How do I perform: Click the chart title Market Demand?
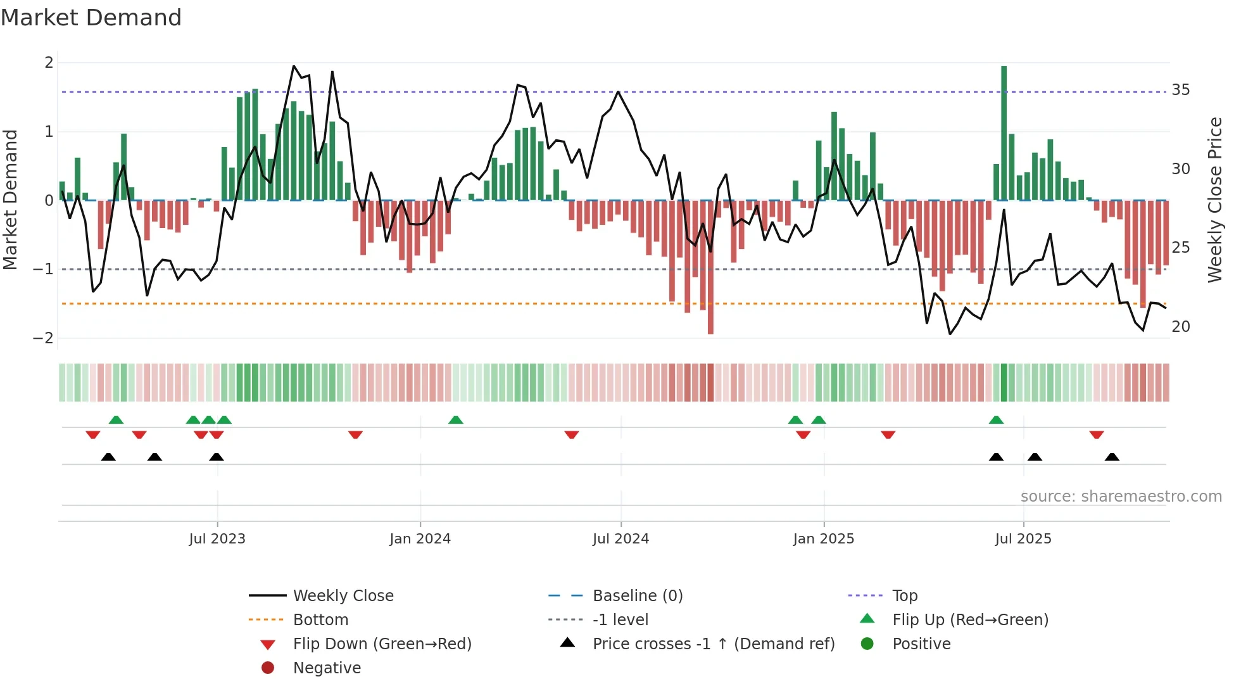coord(91,18)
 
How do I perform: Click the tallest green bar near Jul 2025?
coord(1004,133)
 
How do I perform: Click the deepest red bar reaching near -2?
coord(710,266)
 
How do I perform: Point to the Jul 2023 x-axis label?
coord(217,539)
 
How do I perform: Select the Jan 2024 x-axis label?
coord(420,539)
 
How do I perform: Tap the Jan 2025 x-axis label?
coord(823,539)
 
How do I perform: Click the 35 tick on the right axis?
coord(1180,90)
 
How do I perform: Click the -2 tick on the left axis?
coord(44,338)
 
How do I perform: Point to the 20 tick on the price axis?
coord(1180,327)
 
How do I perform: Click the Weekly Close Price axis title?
coord(1214,200)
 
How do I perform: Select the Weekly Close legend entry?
coord(343,596)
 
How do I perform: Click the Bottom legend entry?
coord(320,620)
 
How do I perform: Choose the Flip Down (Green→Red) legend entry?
coord(382,644)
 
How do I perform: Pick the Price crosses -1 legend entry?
coord(713,644)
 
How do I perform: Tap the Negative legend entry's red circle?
coord(268,668)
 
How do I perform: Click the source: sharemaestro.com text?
coord(1121,497)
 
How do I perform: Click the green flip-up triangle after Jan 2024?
coord(455,420)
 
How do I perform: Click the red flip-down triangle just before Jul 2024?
coord(571,435)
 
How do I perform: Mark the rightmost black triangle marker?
coord(1112,457)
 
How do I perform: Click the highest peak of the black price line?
coord(294,66)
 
